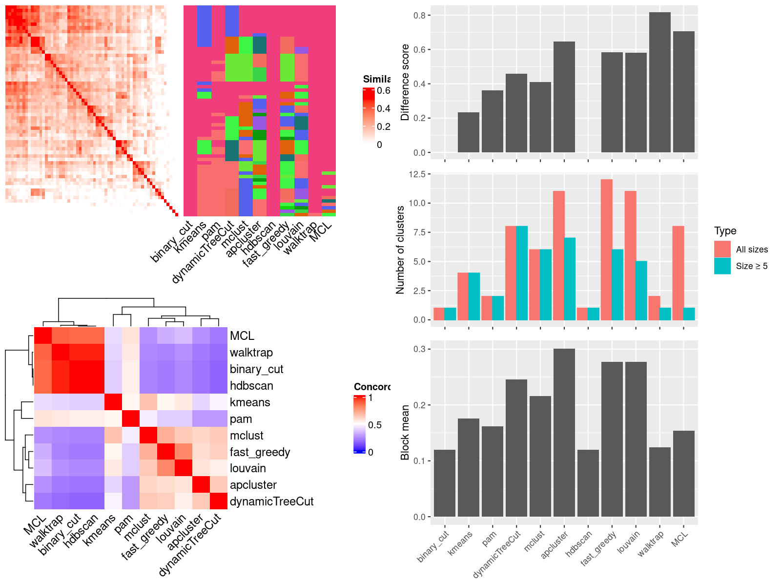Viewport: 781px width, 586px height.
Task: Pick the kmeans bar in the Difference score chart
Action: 469,132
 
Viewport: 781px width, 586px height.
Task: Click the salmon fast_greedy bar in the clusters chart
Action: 607,250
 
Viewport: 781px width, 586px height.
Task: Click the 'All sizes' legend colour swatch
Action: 722,249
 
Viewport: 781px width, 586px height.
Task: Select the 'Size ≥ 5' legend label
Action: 752,266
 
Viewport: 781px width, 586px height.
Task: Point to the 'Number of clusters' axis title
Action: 400,250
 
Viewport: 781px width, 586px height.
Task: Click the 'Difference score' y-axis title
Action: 405,82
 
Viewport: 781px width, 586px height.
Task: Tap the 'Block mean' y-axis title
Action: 405,433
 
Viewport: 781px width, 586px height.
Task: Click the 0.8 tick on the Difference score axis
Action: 419,15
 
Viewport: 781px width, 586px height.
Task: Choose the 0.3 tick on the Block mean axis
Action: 419,349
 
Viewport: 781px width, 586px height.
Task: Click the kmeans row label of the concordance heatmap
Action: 250,402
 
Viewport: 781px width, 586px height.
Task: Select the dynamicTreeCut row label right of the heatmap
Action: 271,502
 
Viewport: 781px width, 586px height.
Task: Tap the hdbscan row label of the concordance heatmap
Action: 251,386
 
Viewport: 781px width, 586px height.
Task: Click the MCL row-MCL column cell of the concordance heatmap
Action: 42,335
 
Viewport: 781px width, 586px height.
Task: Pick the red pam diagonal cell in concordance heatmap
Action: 130,419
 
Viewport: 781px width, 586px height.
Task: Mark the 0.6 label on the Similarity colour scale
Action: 384,91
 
